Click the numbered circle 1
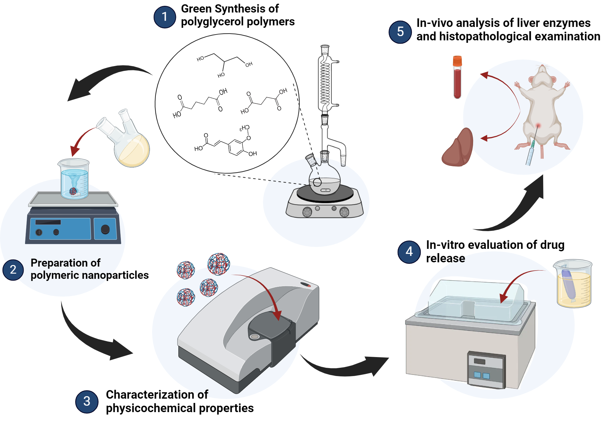coord(165,17)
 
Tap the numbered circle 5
coord(400,32)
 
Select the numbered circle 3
coord(87,401)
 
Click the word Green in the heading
coord(196,9)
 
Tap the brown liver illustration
coord(458,148)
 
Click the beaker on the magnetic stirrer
coord(74,179)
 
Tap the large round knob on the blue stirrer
coord(105,229)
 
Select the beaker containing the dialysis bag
coord(573,283)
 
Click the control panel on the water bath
coord(486,370)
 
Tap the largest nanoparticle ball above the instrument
coord(218,264)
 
